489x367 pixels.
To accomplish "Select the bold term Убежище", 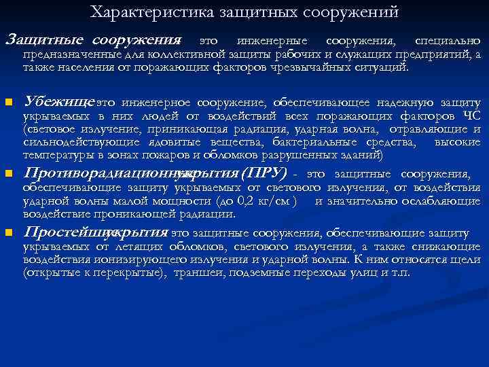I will (58, 103).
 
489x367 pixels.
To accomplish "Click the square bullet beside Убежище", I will (9, 103).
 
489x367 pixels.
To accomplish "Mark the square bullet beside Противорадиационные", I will (9, 173).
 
